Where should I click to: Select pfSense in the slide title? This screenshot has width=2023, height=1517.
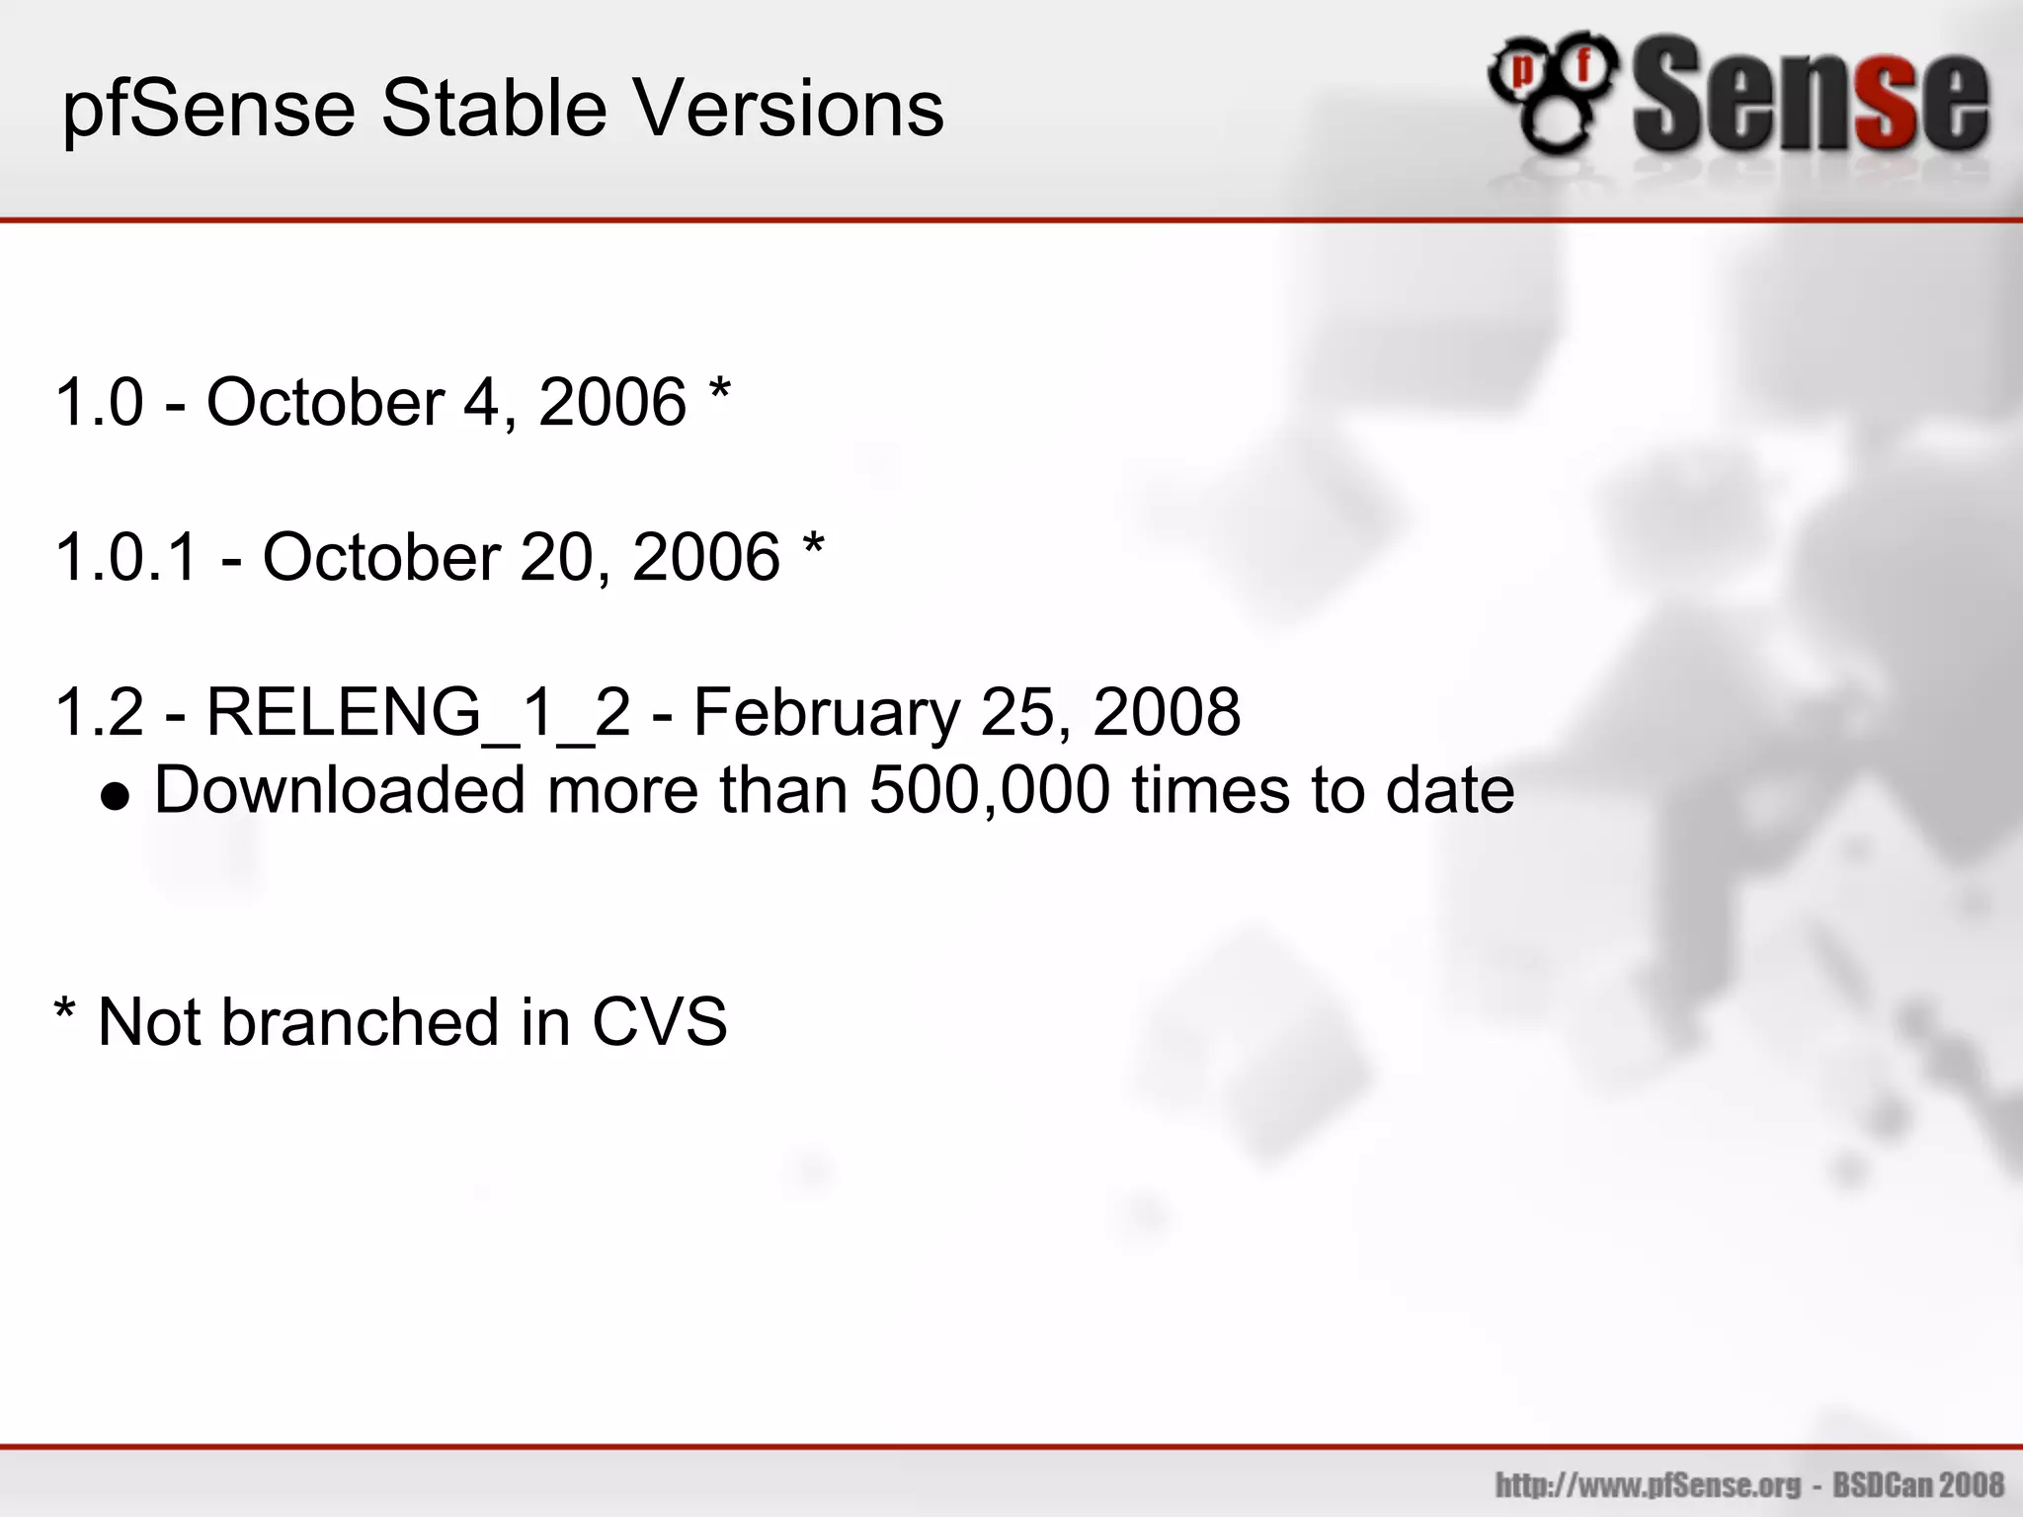tap(208, 111)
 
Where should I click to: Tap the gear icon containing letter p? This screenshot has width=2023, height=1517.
tap(1523, 71)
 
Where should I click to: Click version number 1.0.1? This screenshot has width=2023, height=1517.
tap(127, 557)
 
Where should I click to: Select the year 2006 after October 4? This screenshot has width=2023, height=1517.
tap(612, 402)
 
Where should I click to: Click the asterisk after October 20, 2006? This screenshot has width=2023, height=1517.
tap(814, 545)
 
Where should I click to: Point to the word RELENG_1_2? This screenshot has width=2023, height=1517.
tap(418, 713)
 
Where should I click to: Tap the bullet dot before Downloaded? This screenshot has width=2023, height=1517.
tap(116, 797)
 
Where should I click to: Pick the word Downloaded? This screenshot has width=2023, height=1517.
tap(340, 790)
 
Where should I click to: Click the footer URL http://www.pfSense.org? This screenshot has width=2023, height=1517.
tap(1648, 1484)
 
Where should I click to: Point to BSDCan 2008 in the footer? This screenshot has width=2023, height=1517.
tap(1918, 1484)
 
